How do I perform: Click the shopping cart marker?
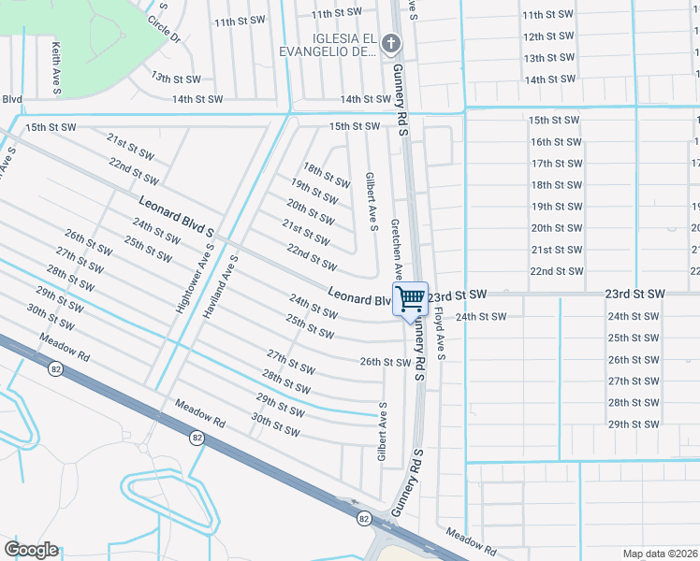(410, 300)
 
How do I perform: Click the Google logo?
(31, 550)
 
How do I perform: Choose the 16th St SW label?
(556, 142)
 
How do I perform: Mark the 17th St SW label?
(556, 164)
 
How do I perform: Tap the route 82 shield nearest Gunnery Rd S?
(363, 518)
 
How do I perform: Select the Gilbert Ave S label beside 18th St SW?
(372, 201)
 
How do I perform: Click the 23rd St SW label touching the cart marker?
(459, 295)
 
